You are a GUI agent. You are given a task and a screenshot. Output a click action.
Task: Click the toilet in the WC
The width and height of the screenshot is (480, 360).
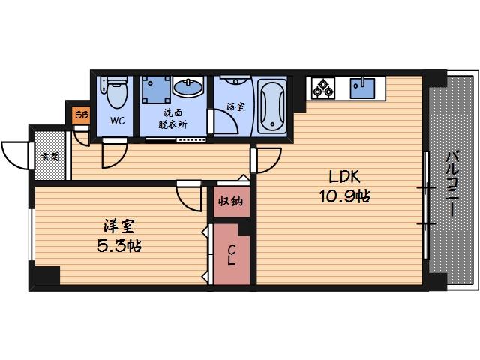coord(115,94)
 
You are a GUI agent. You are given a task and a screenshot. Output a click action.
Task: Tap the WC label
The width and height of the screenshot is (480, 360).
coord(117,121)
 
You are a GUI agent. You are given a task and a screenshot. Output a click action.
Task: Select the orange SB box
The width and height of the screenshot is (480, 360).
coord(80,115)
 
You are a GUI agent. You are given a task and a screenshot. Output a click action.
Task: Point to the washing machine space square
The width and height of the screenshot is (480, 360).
coord(155,90)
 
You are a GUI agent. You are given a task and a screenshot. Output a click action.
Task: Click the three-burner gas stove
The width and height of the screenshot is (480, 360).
coord(323,88)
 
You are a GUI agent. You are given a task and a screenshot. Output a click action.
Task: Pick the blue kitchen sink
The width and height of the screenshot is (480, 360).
coord(364,88)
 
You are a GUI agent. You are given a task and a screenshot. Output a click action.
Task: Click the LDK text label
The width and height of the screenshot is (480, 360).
coord(342,178)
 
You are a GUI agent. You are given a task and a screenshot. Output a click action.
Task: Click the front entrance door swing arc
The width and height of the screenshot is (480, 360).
coord(13,153)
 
